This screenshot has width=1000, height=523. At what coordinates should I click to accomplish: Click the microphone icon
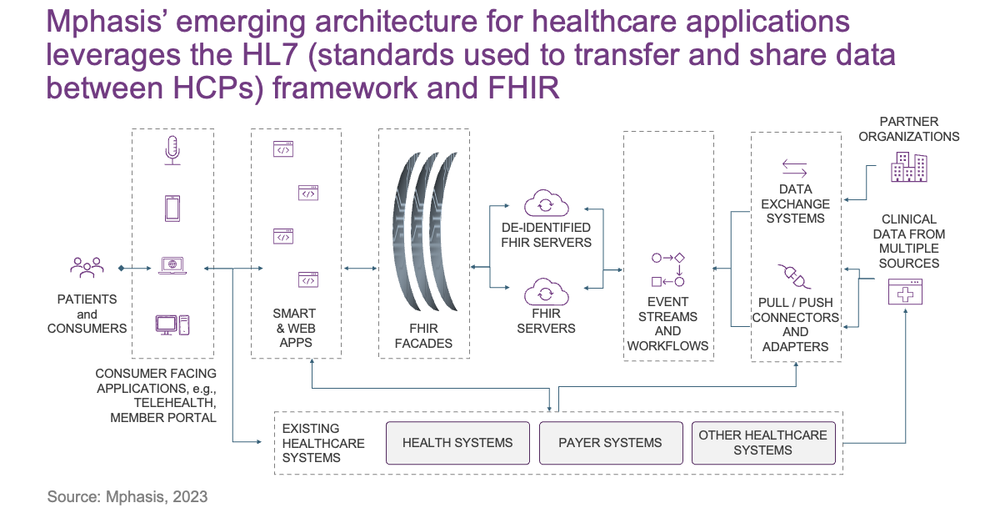coord(172,151)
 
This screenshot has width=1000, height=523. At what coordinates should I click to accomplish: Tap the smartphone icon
coord(172,209)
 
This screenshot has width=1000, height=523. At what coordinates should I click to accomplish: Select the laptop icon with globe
coord(172,265)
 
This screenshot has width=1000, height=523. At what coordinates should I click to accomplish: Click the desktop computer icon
coord(172,325)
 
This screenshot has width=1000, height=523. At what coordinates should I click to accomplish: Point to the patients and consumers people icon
coord(87,267)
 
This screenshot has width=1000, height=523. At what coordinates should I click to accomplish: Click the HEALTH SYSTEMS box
coord(457,443)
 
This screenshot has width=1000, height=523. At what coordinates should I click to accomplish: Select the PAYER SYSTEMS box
coord(611,443)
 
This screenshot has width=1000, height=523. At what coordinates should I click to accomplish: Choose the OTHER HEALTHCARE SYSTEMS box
coord(763,443)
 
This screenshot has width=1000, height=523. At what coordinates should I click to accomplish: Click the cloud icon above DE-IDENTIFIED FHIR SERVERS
coord(546,204)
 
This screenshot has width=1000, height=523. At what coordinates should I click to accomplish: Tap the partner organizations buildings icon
coord(909,167)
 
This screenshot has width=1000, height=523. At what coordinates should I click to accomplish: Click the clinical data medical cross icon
coord(905,291)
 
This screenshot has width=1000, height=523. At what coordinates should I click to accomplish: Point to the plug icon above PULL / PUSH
coord(795,276)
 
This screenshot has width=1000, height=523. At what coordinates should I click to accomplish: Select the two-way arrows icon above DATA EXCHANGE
coord(795,168)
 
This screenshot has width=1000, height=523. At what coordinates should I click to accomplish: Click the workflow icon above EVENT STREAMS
coord(667,269)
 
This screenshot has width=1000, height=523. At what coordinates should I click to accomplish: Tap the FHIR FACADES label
coord(423,336)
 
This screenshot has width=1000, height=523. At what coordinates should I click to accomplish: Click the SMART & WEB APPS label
coord(296,328)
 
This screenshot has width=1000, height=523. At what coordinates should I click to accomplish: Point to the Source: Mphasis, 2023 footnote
coord(127,497)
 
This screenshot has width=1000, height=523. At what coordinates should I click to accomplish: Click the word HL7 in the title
coord(270,54)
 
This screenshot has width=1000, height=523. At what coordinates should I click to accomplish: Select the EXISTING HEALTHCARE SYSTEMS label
coord(323,443)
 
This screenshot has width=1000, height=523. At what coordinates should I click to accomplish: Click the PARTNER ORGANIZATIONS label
coord(909,128)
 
